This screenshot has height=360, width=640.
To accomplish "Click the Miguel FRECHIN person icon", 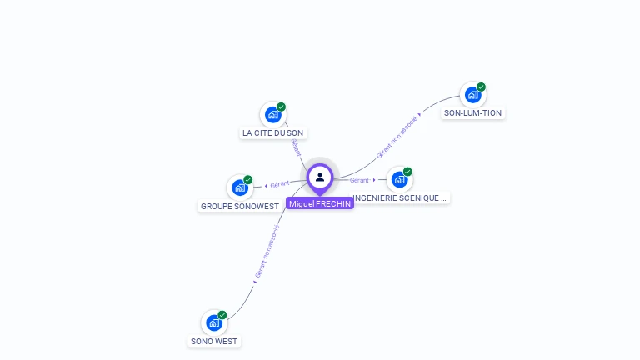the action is tap(320, 177).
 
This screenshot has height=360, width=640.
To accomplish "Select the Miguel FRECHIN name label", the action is tap(320, 203).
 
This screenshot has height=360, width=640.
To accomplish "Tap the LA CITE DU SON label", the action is tap(272, 132).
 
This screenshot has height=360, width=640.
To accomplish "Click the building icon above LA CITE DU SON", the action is tap(272, 115).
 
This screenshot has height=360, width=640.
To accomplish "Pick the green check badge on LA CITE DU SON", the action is tap(282, 107).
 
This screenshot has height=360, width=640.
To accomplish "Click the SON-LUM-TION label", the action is tap(473, 112).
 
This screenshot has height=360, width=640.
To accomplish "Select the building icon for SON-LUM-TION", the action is tap(472, 95).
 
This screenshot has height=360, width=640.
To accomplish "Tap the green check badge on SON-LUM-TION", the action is tap(482, 87).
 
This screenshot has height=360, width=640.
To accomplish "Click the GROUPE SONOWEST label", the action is tap(239, 206).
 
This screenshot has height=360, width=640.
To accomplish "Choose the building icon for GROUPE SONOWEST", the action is tap(239, 187).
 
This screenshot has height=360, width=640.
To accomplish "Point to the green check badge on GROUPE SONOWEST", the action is tap(248, 179).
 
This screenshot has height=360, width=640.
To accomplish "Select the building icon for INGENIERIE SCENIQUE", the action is tap(399, 179).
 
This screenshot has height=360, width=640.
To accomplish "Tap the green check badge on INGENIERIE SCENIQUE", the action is tap(408, 171).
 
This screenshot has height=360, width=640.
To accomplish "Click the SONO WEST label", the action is tap(214, 341).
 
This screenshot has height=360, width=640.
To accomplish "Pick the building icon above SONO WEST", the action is tap(213, 322).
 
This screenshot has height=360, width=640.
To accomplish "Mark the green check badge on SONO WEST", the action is tap(222, 314).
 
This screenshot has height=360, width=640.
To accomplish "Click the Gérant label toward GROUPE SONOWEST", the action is tap(280, 184).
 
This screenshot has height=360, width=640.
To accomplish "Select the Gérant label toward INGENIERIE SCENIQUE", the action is tap(359, 180).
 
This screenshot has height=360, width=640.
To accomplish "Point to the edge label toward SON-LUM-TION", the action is tap(397, 137).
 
